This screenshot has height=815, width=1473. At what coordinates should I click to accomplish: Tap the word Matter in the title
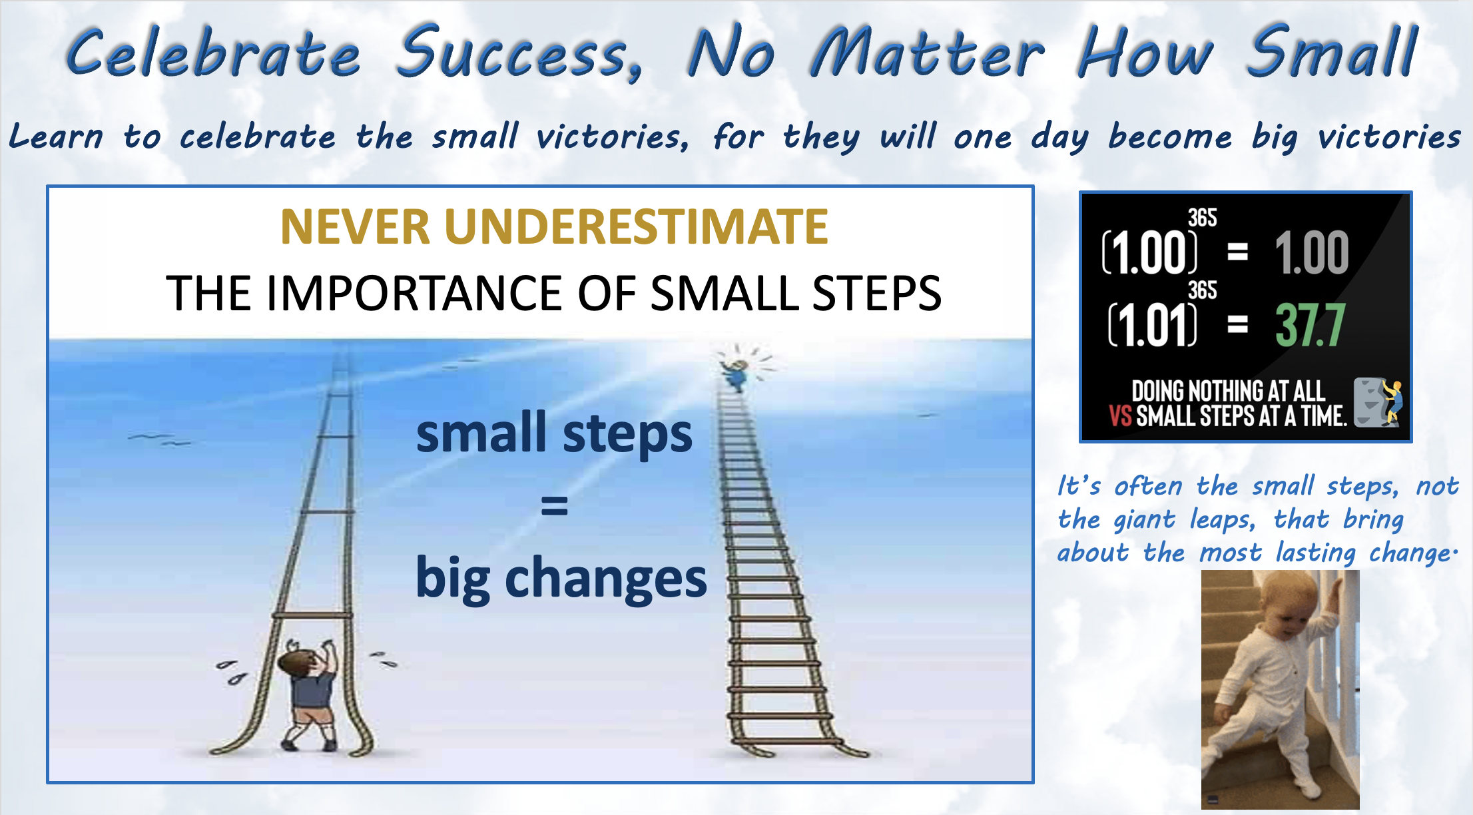927,52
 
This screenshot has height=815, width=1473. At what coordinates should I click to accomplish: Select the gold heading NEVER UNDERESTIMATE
554,227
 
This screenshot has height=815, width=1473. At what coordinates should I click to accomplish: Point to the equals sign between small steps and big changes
554,506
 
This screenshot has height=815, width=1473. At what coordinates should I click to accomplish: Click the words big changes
561,577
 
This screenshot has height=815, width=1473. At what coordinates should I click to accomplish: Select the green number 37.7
1311,325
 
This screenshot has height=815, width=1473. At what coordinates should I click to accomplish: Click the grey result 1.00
1312,253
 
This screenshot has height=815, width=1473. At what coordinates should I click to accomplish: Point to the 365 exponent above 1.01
1203,290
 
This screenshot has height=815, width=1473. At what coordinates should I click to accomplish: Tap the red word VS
1120,415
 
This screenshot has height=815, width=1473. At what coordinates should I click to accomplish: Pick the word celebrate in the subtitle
258,136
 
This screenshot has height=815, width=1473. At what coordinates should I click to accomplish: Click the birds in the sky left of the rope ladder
158,439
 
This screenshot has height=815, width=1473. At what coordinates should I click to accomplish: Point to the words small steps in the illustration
554,434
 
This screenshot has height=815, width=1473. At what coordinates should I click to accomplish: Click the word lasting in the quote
1315,553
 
